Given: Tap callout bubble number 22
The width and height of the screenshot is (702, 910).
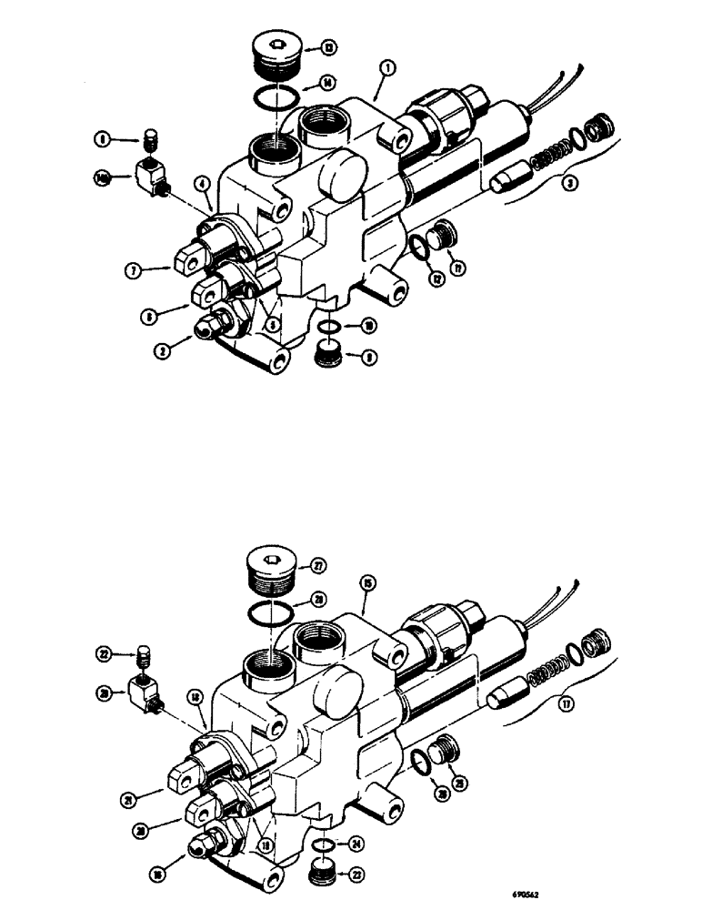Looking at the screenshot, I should pyautogui.click(x=106, y=653).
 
